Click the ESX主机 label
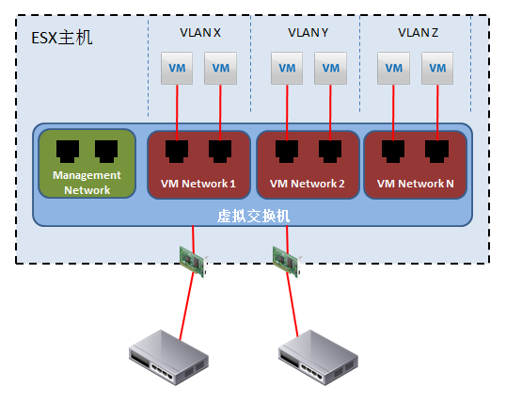[62, 38]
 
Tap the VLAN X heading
[200, 33]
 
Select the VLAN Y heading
[308, 33]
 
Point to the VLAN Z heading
[418, 33]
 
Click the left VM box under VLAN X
[177, 68]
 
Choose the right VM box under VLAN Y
[330, 68]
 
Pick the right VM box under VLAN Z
[437, 68]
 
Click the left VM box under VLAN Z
[393, 68]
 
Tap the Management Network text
[87, 183]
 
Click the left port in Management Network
[68, 151]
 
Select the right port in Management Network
[106, 151]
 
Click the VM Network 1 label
[198, 184]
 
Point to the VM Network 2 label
[308, 184]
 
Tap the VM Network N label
[416, 184]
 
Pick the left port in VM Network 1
[177, 151]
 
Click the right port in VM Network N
[437, 151]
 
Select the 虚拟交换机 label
[253, 216]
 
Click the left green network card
[194, 262]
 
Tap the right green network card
[287, 262]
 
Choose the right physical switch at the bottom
[318, 358]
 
